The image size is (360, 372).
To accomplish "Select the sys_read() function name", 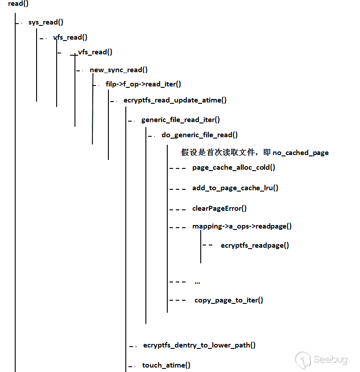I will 46,22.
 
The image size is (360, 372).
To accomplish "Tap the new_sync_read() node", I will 119,69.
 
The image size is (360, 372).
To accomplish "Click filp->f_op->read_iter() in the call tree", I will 143,84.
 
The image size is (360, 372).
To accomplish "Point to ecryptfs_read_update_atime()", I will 175,100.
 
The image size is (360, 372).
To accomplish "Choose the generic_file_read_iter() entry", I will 181,119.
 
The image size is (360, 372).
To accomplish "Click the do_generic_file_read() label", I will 199,135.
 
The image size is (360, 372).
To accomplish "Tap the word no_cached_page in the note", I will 301,153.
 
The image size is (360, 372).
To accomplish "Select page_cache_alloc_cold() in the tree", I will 234,168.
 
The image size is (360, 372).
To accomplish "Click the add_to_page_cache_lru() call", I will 235,188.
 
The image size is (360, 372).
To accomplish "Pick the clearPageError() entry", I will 219,208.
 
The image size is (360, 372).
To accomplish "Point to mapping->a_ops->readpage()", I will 242,226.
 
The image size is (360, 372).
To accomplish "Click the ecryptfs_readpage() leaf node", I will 255,245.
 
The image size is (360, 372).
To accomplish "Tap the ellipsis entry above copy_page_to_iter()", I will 197,282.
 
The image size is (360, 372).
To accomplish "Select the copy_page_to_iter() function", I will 228,300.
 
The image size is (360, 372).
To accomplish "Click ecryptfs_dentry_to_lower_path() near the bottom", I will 199,345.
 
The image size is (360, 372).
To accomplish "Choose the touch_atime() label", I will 166,365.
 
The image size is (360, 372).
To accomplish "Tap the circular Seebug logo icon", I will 303,360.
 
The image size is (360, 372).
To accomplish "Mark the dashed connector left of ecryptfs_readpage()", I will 208,245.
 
